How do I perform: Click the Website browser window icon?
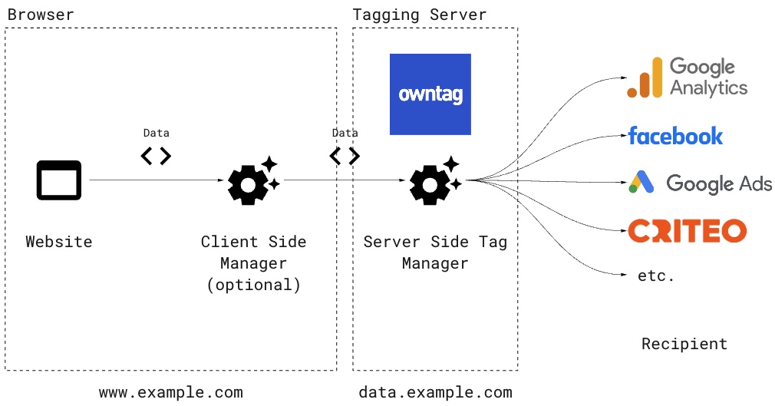[58, 180]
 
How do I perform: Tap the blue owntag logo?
[430, 94]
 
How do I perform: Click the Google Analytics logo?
[687, 78]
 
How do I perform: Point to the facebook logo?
[675, 136]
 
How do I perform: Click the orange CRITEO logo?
[687, 230]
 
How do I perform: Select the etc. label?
[656, 276]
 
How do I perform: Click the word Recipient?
[684, 344]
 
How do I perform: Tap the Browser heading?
[41, 15]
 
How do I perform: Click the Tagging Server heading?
[419, 15]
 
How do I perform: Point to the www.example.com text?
[170, 392]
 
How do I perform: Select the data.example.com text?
[435, 392]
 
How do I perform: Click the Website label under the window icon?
[59, 242]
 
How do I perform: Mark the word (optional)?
[253, 285]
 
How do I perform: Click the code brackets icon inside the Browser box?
[156, 157]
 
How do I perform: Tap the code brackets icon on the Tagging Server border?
[345, 157]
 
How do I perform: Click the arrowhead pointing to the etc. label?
[625, 274]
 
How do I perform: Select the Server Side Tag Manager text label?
[435, 253]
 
